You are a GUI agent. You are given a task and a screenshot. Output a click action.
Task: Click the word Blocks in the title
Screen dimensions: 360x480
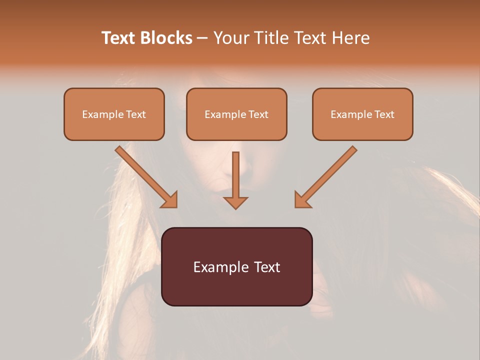click(166, 38)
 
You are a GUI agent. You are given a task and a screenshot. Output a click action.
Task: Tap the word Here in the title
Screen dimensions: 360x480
click(350, 38)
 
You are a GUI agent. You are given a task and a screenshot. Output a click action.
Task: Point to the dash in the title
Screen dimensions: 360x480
click(202, 38)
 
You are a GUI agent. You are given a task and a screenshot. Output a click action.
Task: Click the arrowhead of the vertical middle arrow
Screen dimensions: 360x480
click(235, 202)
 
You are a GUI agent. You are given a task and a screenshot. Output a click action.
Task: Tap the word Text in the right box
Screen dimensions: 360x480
click(384, 114)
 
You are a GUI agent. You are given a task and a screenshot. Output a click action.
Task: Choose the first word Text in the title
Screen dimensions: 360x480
click(120, 38)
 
